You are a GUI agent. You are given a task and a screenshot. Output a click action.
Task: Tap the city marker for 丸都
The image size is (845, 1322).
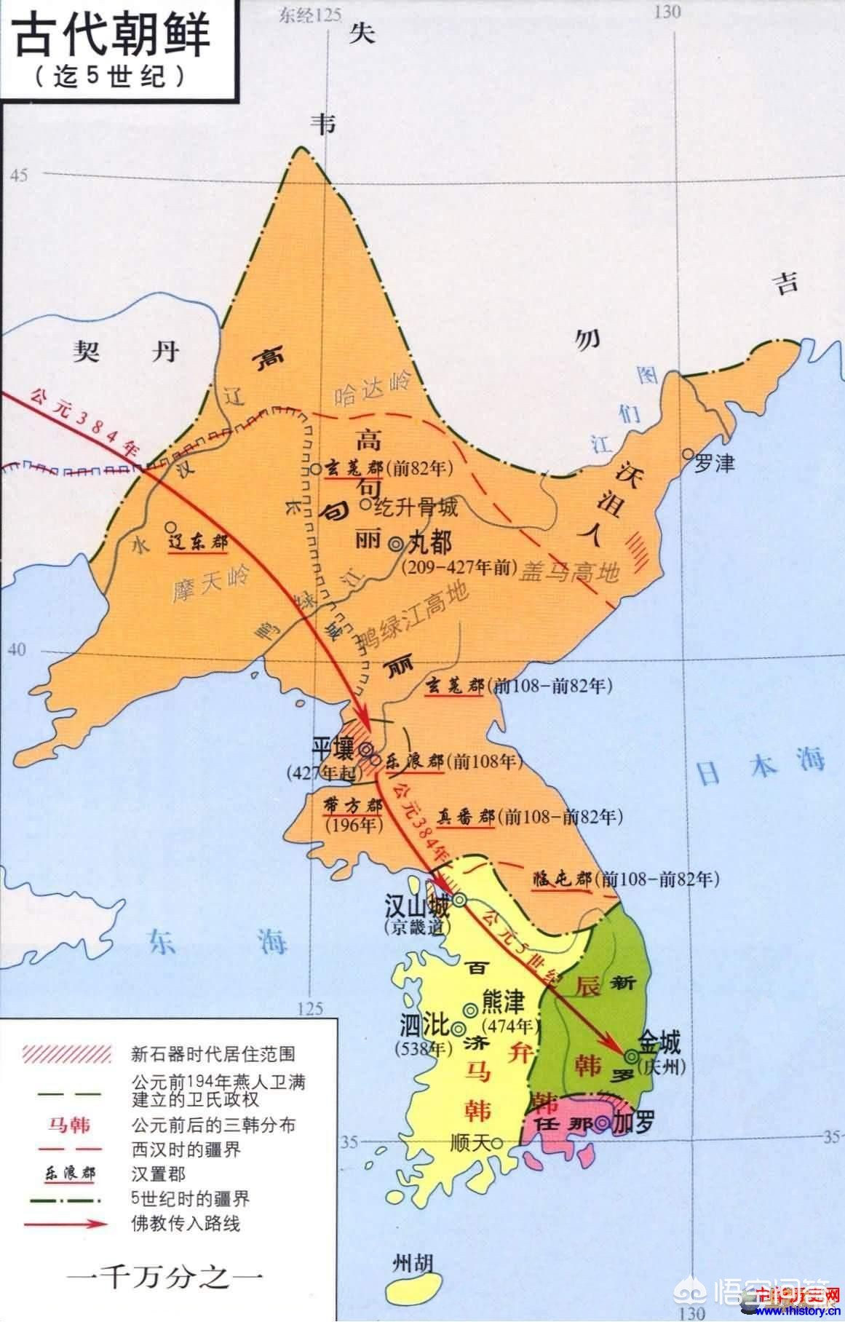coord(396,543)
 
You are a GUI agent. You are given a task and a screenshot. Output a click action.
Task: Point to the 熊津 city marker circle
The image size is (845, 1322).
coord(471,1009)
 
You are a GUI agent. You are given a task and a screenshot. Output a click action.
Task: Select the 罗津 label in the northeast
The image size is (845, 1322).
coord(714,463)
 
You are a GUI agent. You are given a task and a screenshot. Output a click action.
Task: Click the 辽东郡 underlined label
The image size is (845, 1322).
coord(197,543)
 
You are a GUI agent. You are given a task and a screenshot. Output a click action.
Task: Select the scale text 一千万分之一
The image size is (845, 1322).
coord(165,1278)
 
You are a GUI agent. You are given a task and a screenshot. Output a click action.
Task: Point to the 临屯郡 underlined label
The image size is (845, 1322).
coord(560,879)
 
